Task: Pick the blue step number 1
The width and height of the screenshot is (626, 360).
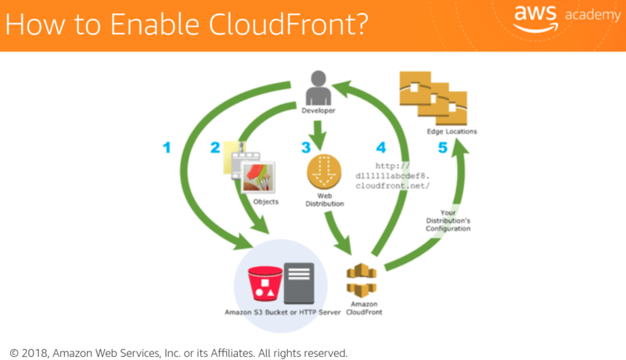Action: [x=166, y=146]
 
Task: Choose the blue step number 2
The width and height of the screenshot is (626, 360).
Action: [x=215, y=146]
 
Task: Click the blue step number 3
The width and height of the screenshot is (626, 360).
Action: [x=305, y=146]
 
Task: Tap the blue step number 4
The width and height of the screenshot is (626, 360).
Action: [x=381, y=146]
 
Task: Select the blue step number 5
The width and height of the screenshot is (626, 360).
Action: [x=442, y=146]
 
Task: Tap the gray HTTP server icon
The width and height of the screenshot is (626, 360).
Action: [x=299, y=283]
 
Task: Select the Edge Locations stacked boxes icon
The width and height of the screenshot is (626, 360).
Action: [x=433, y=97]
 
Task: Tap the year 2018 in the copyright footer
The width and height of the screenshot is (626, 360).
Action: [x=38, y=352]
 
